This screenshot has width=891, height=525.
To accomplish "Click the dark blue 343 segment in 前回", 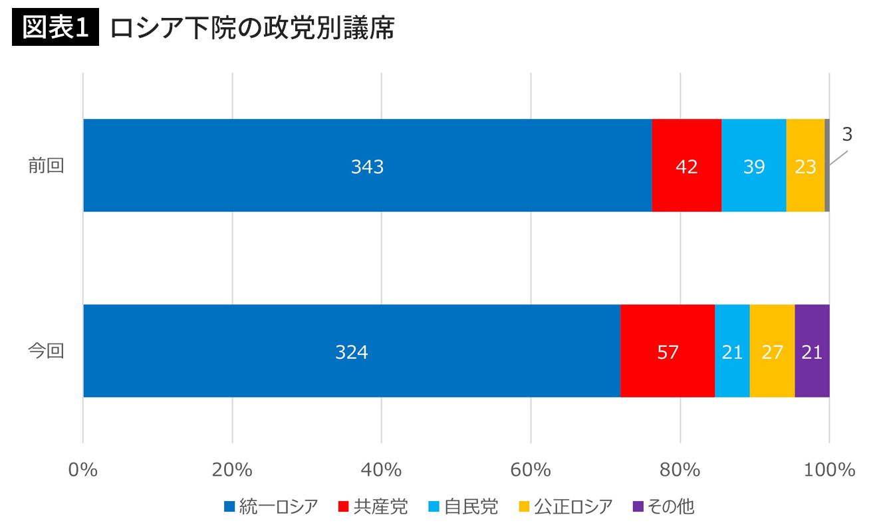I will [x=367, y=165].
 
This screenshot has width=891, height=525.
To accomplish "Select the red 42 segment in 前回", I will [x=686, y=165].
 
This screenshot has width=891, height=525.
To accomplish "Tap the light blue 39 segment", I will [x=753, y=165].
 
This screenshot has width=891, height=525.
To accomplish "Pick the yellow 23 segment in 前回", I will [x=805, y=165].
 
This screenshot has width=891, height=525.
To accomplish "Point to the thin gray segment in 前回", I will [x=827, y=165].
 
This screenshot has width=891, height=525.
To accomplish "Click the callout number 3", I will [x=846, y=135].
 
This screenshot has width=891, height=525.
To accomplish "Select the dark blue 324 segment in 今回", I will [x=351, y=351].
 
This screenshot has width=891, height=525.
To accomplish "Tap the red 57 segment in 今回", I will [x=668, y=351].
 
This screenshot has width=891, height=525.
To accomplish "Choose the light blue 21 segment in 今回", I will [x=732, y=351].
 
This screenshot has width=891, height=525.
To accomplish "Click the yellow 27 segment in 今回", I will [x=772, y=351].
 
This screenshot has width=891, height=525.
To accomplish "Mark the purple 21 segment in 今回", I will [x=812, y=351].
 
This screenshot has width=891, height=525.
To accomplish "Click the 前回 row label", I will [x=46, y=166].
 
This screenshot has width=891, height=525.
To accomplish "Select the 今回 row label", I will [x=46, y=351].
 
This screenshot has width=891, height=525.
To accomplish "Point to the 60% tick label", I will [x=531, y=470].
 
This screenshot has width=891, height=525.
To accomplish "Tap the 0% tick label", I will [x=83, y=470].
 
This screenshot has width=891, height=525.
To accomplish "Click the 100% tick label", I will [x=829, y=470].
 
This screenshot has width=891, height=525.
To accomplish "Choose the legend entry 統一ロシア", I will [x=271, y=507].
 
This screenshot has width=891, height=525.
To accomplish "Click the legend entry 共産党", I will [x=373, y=507].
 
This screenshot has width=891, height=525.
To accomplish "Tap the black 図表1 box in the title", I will [x=56, y=29].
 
